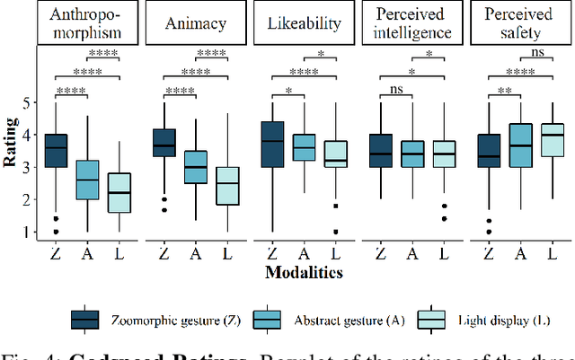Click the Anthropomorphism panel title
click(87, 23)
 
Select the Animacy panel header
click(194, 23)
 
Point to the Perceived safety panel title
click(517, 23)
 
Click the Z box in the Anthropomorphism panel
click(56, 151)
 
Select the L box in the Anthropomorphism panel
click(119, 193)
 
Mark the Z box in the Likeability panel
click(270, 144)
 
